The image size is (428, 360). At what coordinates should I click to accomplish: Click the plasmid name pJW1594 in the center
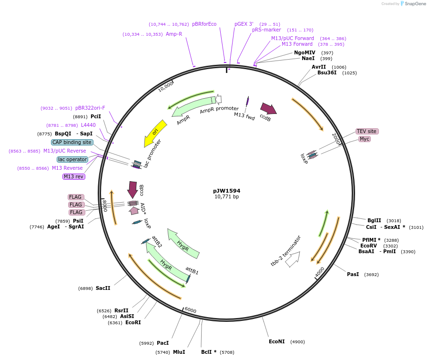[226, 191]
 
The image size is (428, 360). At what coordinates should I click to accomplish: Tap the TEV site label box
[367, 131]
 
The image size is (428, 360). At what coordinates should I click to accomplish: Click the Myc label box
[365, 139]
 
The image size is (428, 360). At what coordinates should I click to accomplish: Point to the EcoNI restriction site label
[276, 341]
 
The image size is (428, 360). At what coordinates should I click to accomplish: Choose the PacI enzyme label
[163, 343]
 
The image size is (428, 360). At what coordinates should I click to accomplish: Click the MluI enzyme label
[179, 352]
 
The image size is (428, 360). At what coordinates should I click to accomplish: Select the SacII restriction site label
[103, 288]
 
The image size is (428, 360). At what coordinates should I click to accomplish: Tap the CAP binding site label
[72, 142]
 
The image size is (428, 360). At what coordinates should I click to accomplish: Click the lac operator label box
[72, 159]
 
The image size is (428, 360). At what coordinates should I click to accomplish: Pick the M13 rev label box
[74, 176]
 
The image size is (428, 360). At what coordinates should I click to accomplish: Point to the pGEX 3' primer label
[244, 24]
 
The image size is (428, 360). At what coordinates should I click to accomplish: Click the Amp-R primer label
[174, 34]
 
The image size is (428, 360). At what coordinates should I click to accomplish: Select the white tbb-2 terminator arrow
[291, 258]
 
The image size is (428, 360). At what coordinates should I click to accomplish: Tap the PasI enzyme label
[353, 274]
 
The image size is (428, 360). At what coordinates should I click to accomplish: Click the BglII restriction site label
[374, 220]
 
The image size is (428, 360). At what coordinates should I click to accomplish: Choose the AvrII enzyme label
[319, 67]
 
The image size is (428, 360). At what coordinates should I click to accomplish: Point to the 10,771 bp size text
[226, 196]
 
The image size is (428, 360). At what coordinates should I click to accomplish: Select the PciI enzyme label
[96, 116]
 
